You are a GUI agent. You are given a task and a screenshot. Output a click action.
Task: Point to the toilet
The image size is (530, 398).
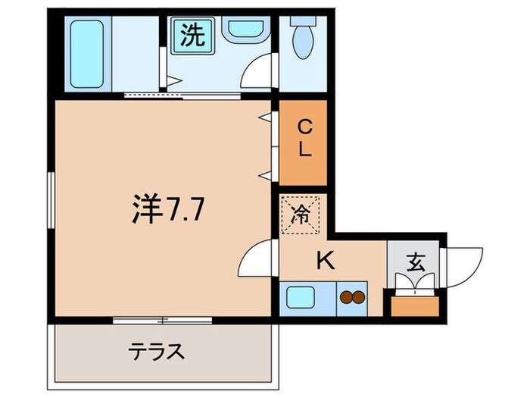pyautogui.click(x=303, y=38)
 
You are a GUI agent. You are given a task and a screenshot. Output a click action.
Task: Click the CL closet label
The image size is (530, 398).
pyautogui.click(x=304, y=138)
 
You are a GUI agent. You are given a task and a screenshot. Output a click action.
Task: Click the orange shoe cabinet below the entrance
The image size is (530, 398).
pyautogui.click(x=413, y=306)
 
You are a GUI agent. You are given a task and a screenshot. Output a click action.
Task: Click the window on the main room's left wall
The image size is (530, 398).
pyautogui.click(x=51, y=208)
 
